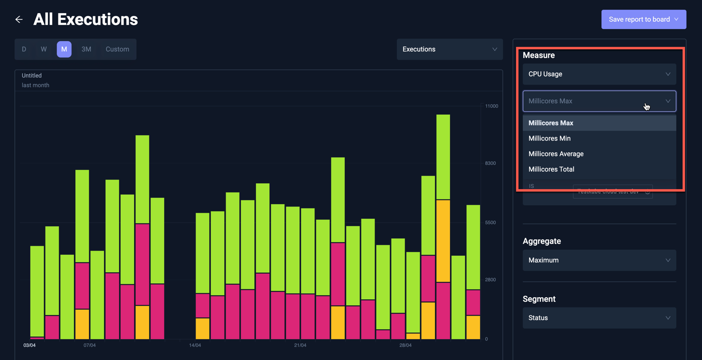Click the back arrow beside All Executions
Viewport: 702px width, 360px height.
(19, 20)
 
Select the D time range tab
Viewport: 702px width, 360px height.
(24, 49)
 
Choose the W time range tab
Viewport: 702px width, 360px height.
(43, 49)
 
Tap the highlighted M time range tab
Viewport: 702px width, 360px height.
(64, 49)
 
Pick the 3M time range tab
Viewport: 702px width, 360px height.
(86, 49)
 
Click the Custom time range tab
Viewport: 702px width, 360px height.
(117, 49)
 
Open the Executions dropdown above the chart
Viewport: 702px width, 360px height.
(449, 49)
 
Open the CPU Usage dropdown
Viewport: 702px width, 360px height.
(599, 74)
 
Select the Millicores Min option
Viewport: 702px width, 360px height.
(549, 138)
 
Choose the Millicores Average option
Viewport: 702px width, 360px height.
(556, 154)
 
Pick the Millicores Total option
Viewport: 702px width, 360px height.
(551, 169)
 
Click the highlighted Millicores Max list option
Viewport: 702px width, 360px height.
(551, 123)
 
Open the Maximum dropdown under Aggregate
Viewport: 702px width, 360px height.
(599, 260)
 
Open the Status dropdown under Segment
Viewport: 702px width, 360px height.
(599, 318)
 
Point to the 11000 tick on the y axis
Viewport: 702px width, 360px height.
(491, 106)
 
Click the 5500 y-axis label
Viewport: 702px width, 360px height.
(490, 222)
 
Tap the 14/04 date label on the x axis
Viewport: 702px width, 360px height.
(195, 346)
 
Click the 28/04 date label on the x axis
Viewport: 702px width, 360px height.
(406, 346)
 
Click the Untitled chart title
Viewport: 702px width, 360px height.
(32, 76)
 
